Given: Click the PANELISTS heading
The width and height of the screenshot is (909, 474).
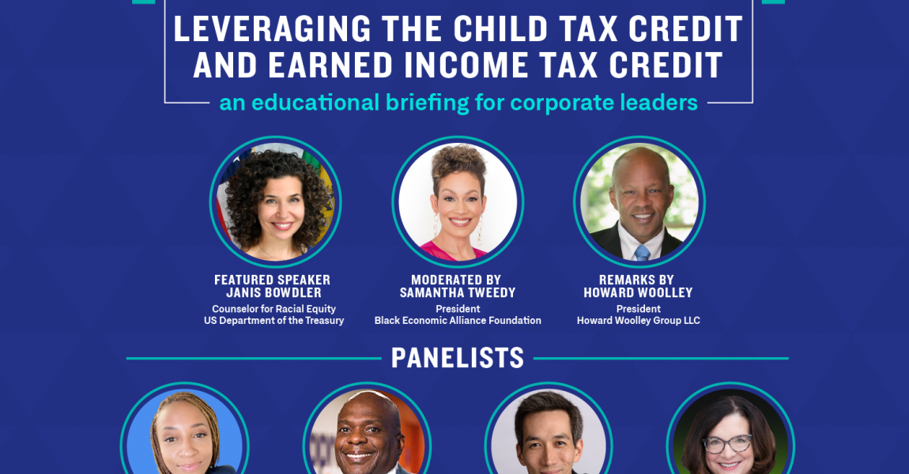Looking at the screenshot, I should coord(458,359).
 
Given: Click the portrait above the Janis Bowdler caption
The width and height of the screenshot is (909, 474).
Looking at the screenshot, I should coord(275,201).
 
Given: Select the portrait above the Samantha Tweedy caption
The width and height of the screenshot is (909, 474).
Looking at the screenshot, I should coord(458,202).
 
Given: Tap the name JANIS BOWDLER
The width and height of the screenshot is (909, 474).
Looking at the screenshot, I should coord(273,293).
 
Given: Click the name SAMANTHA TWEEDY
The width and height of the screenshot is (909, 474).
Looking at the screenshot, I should coord(458,293).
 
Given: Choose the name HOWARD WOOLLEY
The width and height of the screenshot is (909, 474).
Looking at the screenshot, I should coord(638,293).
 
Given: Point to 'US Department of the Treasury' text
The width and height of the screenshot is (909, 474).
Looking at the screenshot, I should coord(273,321).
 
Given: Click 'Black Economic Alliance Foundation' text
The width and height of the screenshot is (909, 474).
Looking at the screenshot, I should coord(458,321).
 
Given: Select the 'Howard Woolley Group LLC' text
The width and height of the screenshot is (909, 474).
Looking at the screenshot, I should coord(638,321).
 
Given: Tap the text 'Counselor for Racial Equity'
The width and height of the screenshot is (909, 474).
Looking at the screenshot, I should coord(273,309).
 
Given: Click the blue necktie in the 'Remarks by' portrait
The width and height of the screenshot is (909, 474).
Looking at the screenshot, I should coord(642,252).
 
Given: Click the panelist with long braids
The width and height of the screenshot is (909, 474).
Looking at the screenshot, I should coord(185,438).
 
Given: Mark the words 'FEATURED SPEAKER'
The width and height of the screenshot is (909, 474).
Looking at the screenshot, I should coord(273,280).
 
